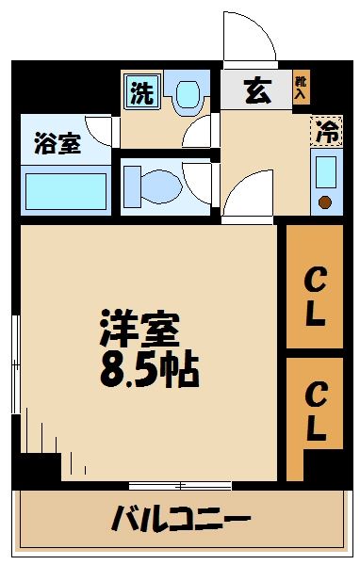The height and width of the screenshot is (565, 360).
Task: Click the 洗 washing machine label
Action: point(140,93)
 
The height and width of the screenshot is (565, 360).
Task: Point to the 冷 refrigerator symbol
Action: point(326,132)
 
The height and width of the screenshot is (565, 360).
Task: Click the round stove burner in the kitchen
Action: point(326,201)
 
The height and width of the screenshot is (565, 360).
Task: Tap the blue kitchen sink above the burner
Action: point(326,171)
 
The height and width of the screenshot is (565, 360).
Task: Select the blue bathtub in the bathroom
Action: point(64,190)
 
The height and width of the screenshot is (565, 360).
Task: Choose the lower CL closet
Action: point(314,411)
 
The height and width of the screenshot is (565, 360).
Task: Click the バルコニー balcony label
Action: point(181,517)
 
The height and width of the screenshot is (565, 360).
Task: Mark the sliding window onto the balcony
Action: point(180,486)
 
